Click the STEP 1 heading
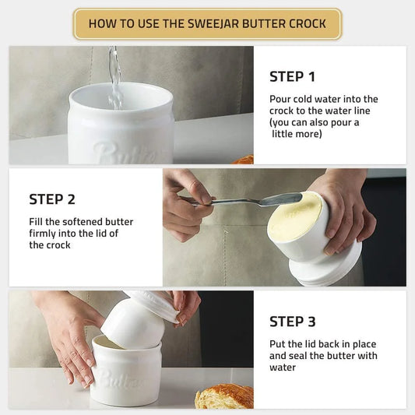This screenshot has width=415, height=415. [x=292, y=76]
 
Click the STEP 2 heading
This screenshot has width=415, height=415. [x=52, y=199]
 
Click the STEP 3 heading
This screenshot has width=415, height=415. [x=293, y=322]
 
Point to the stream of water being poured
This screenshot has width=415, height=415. [x=115, y=74]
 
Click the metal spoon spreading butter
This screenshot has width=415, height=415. [x=241, y=201]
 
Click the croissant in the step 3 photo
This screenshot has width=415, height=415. [x=224, y=396]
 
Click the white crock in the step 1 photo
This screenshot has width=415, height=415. [x=121, y=125]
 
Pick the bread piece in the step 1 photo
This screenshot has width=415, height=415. [x=244, y=160]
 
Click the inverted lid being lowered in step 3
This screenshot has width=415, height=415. [x=136, y=319]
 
